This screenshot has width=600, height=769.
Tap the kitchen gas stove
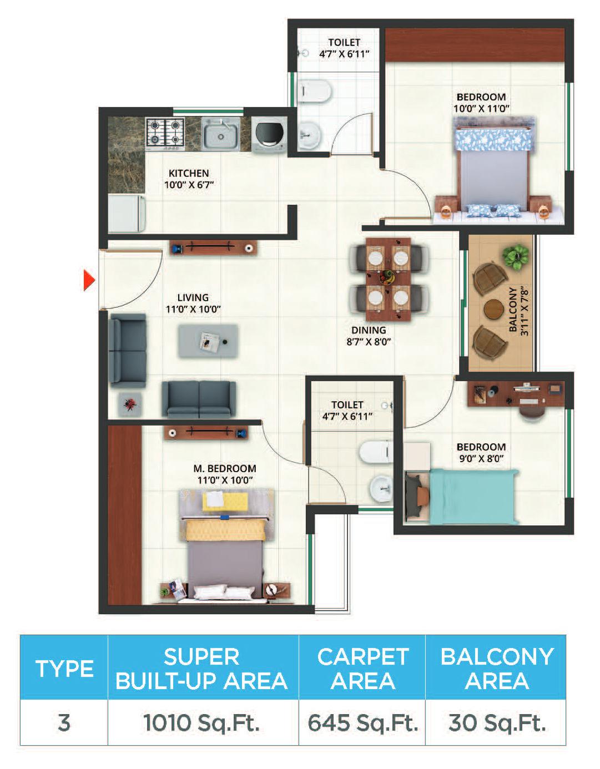165,133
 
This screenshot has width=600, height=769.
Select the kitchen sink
220,134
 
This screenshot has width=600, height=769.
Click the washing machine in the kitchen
269,134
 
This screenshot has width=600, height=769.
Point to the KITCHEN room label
189,173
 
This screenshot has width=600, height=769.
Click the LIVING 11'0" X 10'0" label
193,303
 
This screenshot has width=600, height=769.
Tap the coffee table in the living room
208,341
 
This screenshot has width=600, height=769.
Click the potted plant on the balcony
516,257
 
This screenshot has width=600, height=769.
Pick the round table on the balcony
492,310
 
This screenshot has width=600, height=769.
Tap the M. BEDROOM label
225,474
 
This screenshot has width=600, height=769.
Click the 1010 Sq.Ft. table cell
203,722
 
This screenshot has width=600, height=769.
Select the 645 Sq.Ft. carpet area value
362,722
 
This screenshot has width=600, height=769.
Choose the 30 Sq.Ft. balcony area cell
496,722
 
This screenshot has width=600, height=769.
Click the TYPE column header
64,668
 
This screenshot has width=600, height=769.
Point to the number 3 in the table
64,722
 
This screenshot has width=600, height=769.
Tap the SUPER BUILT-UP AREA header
203,668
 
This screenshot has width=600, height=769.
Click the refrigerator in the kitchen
127,213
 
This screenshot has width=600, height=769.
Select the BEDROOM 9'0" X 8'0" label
481,452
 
